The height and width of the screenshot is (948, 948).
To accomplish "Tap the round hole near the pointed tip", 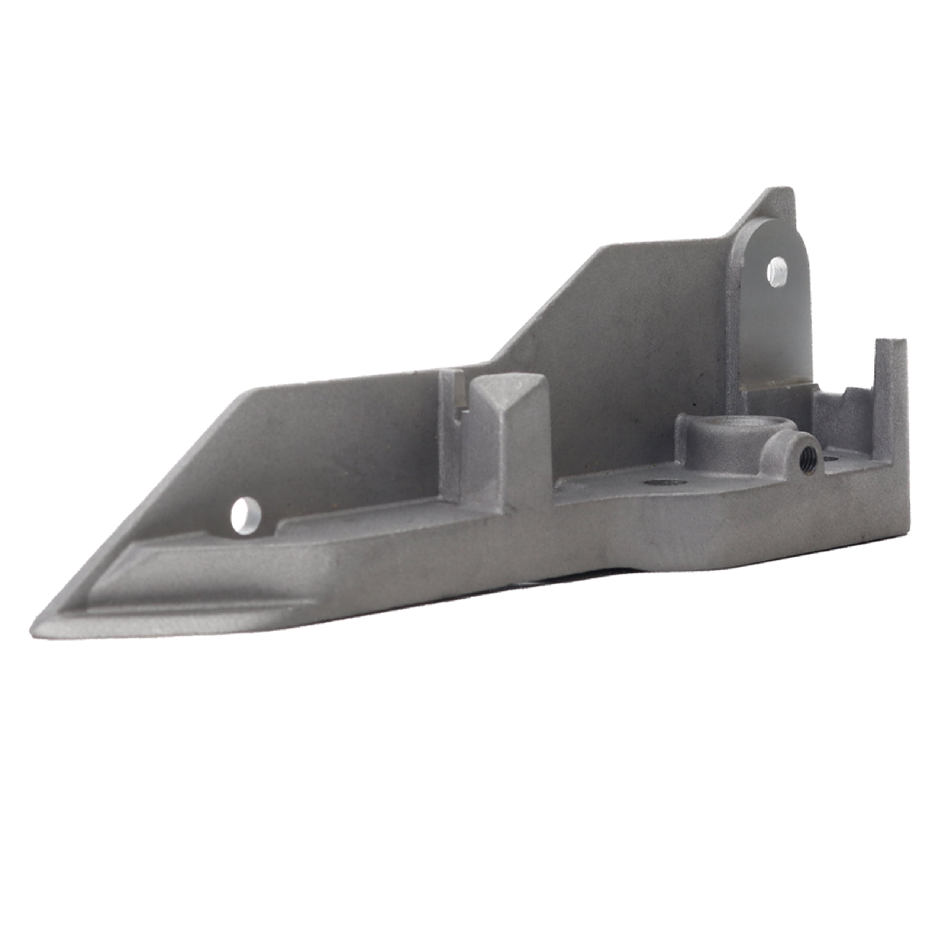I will click(x=247, y=514).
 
